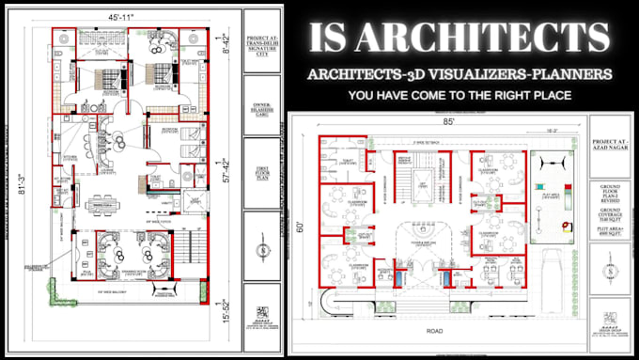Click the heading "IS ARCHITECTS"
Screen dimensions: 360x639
coord(459,39)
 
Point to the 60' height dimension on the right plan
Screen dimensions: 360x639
coord(301,227)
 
